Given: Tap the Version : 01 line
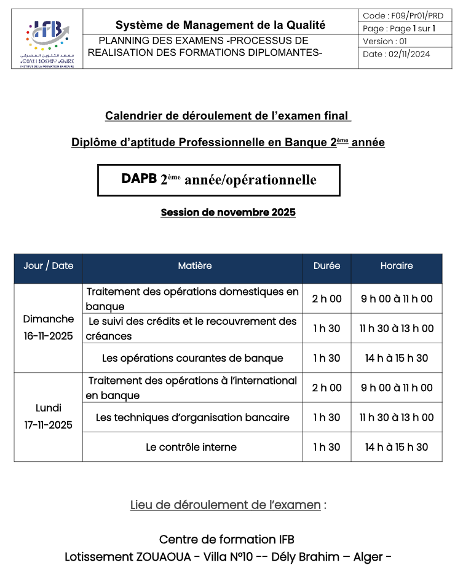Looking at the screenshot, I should (385, 41).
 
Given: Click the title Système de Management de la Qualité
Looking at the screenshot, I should (220, 25).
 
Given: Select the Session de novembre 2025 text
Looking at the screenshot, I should (228, 212).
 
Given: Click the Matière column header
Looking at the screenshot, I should (194, 266).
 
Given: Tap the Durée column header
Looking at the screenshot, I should (326, 266).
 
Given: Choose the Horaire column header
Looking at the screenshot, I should (397, 266).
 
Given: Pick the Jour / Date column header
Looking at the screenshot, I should (48, 266).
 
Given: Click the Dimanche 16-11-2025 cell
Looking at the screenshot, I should (48, 327).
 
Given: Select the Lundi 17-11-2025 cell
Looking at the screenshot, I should (48, 416).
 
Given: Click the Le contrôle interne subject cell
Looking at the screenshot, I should (191, 447).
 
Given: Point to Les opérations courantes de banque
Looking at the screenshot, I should (192, 358).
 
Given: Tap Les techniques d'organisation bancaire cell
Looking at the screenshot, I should (192, 418).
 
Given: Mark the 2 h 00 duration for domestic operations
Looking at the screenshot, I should (326, 299).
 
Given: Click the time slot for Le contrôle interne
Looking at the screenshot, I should (397, 447).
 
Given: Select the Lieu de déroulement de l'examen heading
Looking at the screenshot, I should (225, 505).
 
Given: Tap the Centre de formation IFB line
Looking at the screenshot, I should (227, 540).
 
